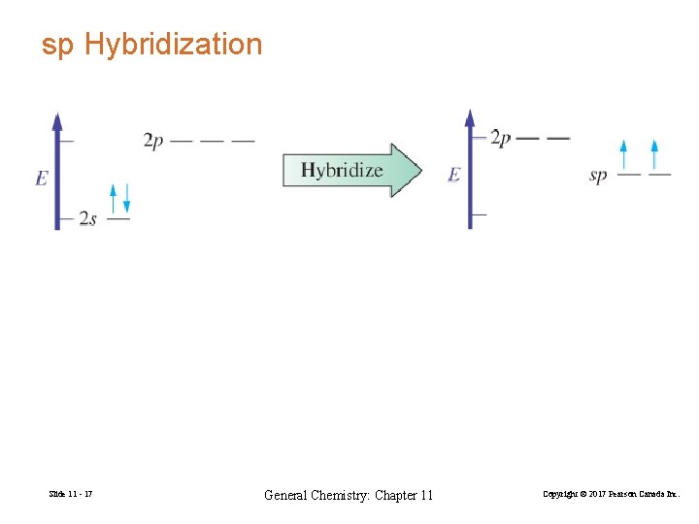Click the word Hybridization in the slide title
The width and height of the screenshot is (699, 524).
click(x=174, y=45)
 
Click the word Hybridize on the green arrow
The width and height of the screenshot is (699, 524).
click(x=342, y=171)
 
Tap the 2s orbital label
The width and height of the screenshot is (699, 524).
click(x=88, y=219)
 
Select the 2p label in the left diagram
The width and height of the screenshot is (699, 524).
click(x=153, y=141)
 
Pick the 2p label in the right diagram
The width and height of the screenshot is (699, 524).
click(x=500, y=138)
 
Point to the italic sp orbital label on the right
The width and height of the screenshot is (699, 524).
click(x=598, y=176)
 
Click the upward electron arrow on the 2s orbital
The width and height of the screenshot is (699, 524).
click(x=114, y=198)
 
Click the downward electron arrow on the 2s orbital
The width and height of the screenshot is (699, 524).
click(x=125, y=199)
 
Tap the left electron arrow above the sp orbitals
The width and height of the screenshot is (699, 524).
click(x=624, y=155)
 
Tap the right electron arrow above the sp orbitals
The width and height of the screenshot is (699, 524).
click(x=654, y=155)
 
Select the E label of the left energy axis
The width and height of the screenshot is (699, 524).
click(x=41, y=179)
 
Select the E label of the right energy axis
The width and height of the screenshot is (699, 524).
click(x=453, y=176)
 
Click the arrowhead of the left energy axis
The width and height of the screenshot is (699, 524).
click(x=57, y=122)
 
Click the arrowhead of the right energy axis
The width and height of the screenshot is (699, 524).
click(x=470, y=119)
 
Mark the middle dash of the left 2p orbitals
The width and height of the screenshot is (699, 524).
click(x=212, y=141)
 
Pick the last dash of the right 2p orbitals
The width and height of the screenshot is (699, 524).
click(x=558, y=138)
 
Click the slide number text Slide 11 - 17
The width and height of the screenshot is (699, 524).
click(x=70, y=496)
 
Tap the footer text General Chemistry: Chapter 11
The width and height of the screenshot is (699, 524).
click(x=349, y=496)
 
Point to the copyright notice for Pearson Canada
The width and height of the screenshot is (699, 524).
click(x=612, y=496)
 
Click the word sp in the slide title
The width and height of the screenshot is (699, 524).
click(x=57, y=45)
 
